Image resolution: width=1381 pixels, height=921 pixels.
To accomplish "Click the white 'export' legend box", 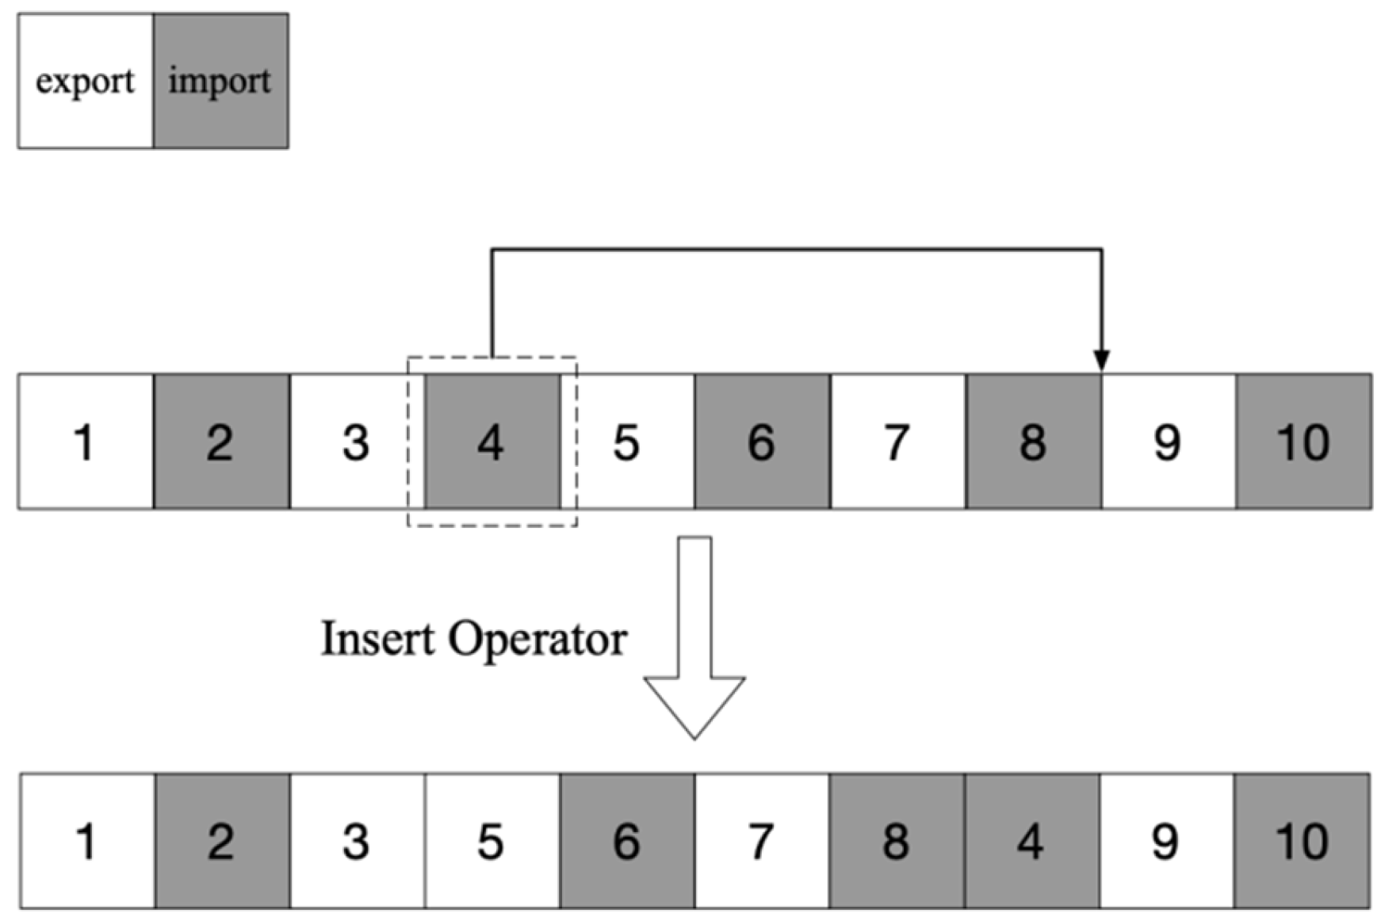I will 86,81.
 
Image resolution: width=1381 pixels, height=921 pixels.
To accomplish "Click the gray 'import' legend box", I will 220,81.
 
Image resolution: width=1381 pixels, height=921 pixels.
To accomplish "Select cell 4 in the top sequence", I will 492,441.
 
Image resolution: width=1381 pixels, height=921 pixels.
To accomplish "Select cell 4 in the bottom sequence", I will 1031,841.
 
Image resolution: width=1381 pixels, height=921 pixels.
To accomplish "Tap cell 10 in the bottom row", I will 1302,841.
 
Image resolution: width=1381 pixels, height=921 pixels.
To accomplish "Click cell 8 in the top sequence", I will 1033,441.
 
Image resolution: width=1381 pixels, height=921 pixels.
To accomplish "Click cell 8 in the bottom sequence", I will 896,841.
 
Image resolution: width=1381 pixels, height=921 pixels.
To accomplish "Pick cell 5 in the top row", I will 626,441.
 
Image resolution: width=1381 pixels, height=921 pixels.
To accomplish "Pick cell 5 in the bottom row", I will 492,841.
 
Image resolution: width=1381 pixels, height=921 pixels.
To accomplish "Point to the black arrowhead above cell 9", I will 1101,360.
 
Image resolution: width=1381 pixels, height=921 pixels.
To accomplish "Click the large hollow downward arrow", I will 694,634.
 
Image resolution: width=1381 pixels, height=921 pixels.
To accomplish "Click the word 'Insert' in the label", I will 377,639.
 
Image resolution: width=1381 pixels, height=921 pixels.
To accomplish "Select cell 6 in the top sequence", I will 762,441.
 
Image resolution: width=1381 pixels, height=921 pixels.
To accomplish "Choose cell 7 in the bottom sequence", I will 761,841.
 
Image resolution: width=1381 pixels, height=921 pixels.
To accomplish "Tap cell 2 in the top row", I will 220,441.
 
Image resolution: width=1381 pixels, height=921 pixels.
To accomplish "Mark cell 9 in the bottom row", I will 1165,841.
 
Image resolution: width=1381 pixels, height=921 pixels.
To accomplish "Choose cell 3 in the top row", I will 356,441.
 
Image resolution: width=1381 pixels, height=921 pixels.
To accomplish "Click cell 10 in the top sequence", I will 1303,441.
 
